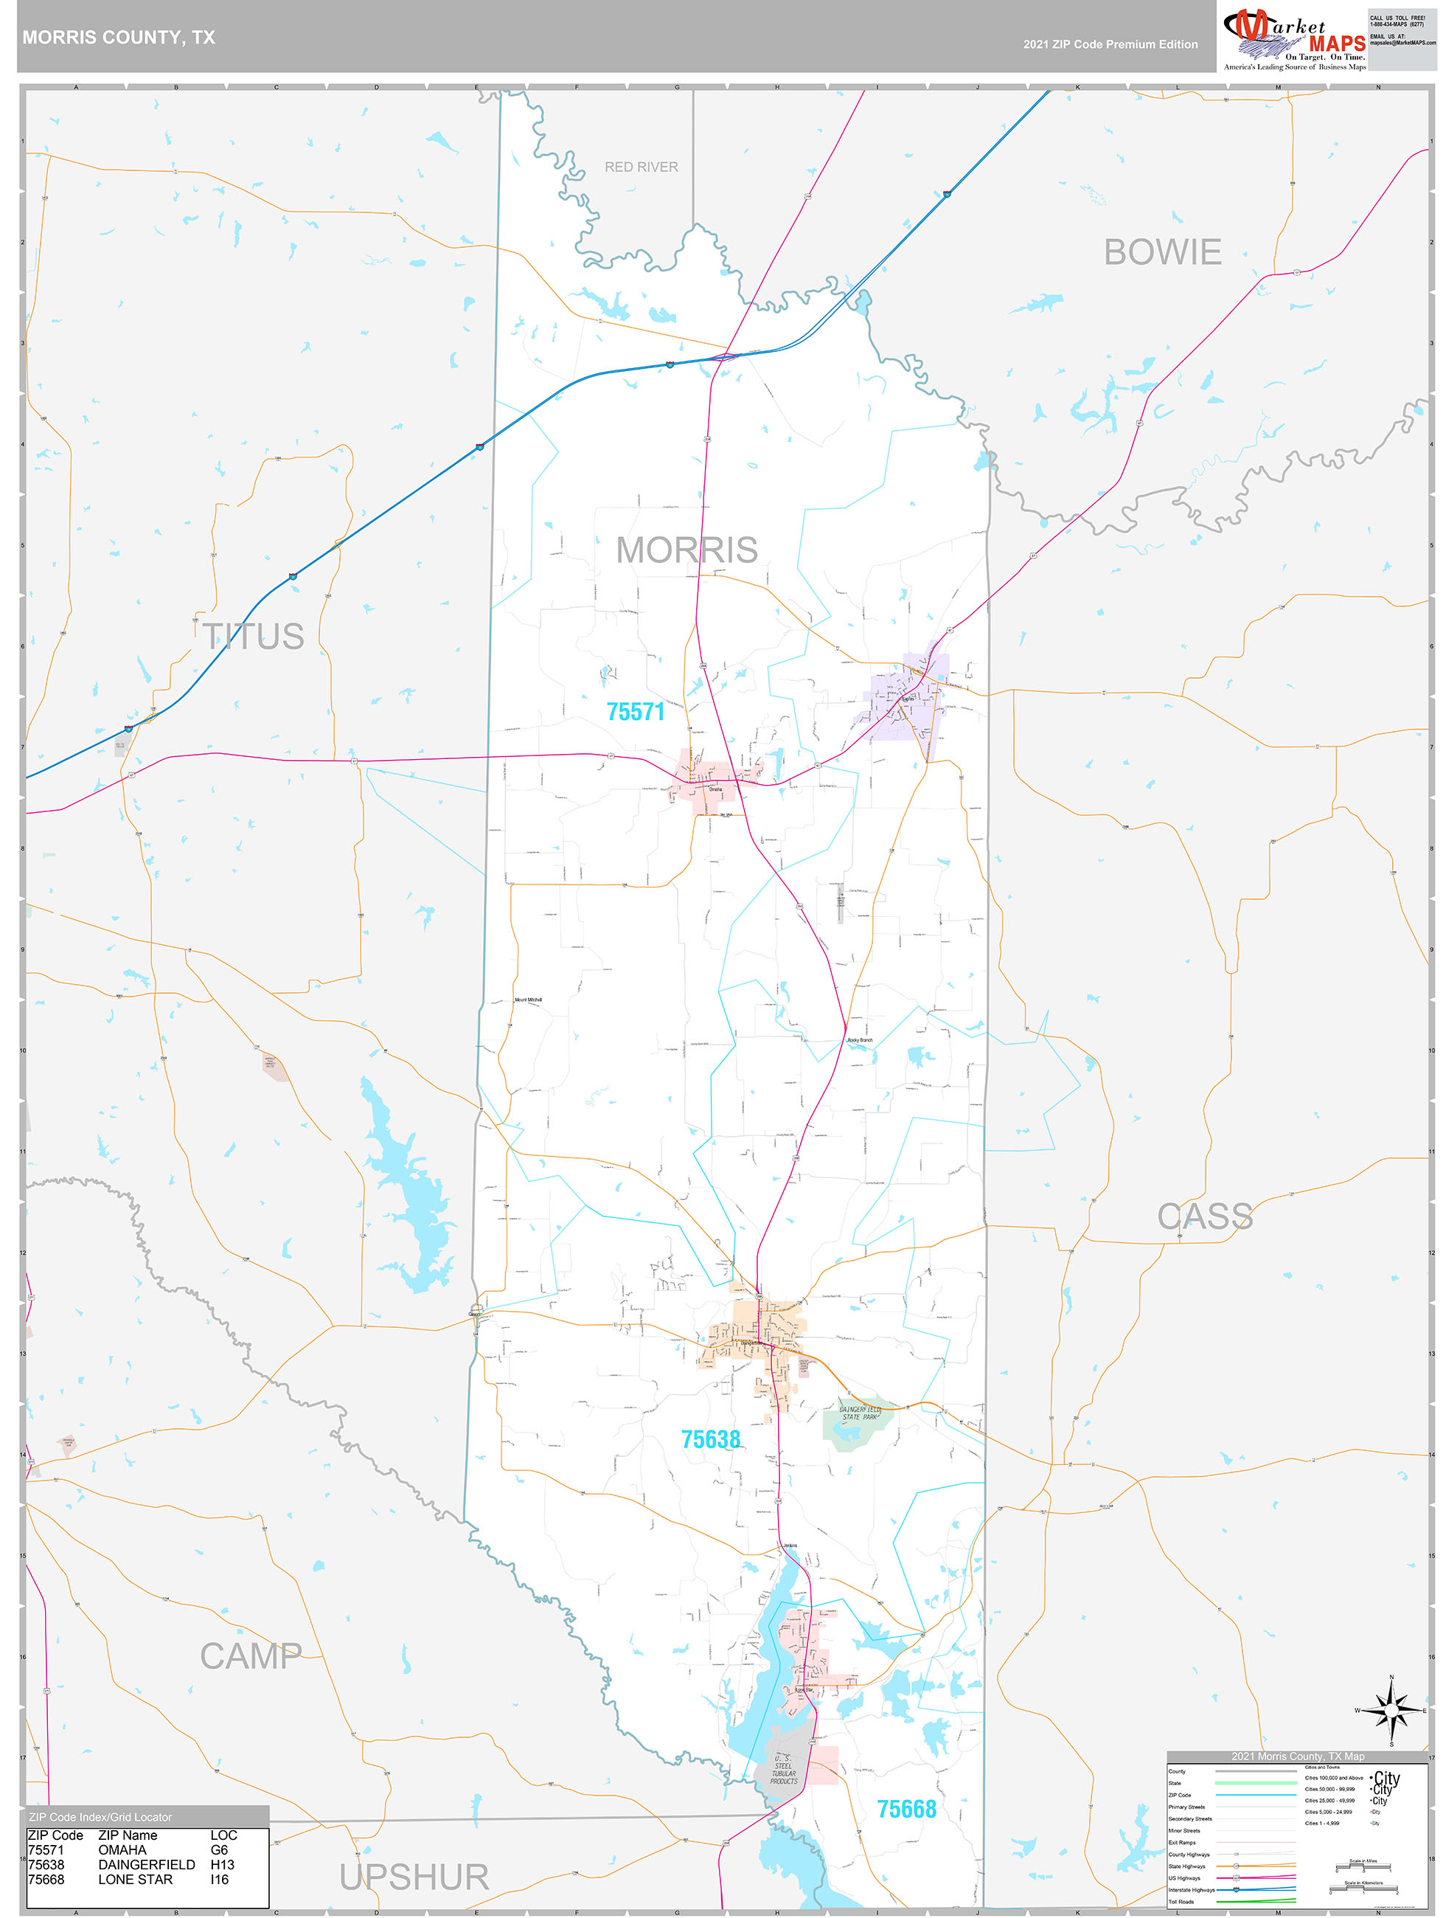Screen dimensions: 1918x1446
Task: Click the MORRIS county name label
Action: tap(686, 550)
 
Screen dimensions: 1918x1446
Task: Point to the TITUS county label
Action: tap(253, 637)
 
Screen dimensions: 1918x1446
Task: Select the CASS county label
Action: tap(1205, 1216)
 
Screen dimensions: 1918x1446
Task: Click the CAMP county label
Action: tap(251, 1656)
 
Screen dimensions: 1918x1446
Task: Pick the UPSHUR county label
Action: tap(414, 1877)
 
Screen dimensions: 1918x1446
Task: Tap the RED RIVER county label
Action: tap(641, 167)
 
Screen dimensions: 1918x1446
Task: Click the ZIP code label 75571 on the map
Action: tap(636, 712)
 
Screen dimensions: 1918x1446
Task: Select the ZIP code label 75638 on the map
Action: tap(710, 1439)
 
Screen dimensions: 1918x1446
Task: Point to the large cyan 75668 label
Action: tap(906, 1809)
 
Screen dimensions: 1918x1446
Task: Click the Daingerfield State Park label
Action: tap(859, 1413)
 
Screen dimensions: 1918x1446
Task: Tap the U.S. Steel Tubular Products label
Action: tap(783, 1769)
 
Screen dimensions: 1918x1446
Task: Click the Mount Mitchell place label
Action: tap(528, 1000)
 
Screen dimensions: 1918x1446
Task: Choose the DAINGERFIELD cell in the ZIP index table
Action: tap(147, 1864)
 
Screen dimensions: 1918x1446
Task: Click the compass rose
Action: tap(1391, 1711)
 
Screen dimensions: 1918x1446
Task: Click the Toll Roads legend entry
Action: tap(1181, 1902)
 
